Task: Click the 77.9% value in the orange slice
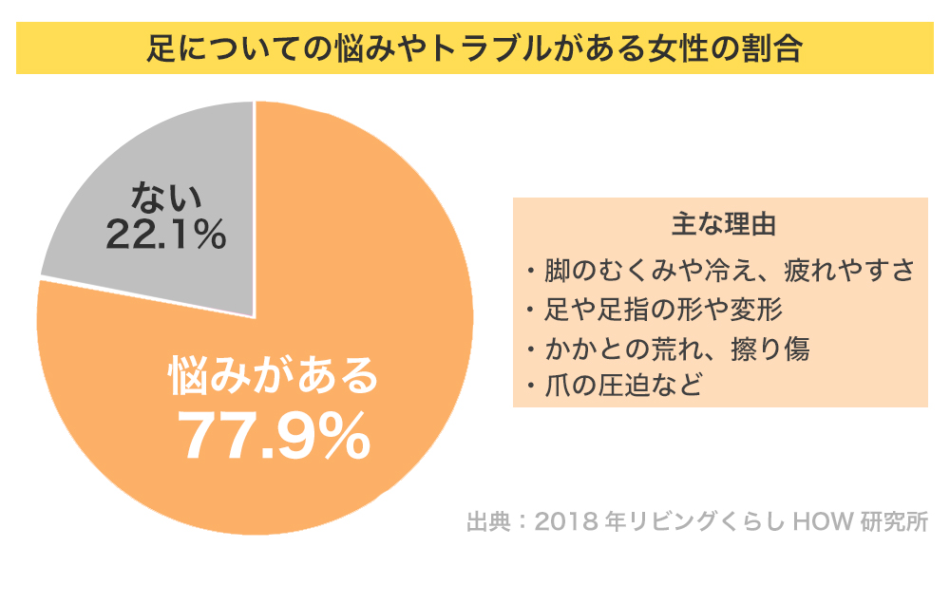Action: [x=274, y=436]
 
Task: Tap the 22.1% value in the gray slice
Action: [x=165, y=235]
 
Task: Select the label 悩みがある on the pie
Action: [x=274, y=375]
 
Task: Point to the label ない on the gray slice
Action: [x=167, y=198]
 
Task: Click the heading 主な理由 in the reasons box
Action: [x=722, y=226]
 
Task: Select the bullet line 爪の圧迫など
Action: [x=623, y=387]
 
